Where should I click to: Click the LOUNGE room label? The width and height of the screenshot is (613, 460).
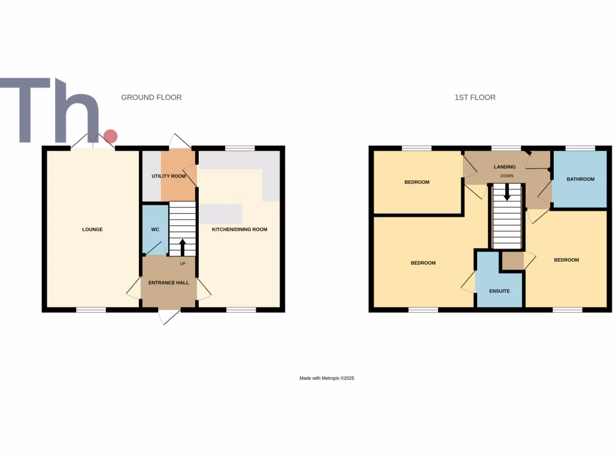[x=93, y=229]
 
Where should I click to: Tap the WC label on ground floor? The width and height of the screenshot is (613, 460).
[x=155, y=229]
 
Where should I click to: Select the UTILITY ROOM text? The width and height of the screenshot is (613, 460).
[x=169, y=177]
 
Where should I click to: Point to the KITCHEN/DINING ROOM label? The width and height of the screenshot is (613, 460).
[x=240, y=229]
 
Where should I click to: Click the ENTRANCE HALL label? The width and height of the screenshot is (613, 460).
[x=169, y=283]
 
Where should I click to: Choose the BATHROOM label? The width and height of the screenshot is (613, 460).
[x=581, y=179]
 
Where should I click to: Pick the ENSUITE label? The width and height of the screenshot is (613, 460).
[x=499, y=291]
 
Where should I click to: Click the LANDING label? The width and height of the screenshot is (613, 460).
[x=505, y=167]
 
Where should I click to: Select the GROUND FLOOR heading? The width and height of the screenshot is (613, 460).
[x=151, y=97]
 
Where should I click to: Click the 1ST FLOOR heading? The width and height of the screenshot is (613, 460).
[x=475, y=97]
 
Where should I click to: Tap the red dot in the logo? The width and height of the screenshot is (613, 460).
[x=110, y=136]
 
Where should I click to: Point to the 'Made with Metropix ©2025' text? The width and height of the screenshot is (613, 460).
[x=327, y=379]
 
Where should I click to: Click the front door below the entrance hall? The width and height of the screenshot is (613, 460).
[x=169, y=316]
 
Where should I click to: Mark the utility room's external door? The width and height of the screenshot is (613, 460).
[x=180, y=142]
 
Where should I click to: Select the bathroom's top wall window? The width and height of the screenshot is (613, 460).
[x=580, y=148]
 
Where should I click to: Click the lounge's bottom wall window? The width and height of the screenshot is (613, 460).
[x=91, y=310]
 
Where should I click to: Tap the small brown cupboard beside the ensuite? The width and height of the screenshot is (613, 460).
[x=512, y=261]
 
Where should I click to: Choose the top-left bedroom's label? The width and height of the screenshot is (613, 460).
[x=417, y=182]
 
